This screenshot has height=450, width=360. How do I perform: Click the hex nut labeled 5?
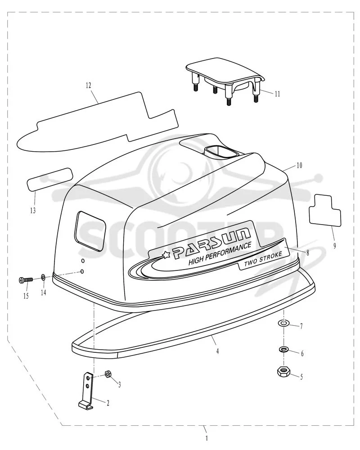283,372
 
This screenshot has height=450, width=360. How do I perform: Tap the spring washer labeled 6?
283,350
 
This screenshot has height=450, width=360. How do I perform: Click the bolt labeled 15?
26,279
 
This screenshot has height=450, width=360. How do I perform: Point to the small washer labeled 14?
43,277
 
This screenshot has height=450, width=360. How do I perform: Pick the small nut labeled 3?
108,373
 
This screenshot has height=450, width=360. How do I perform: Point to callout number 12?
88,85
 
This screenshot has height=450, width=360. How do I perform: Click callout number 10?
299,165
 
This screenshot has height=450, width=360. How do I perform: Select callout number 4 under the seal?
218,351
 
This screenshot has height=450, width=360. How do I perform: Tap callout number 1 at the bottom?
207,438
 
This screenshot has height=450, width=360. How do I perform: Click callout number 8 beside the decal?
308,253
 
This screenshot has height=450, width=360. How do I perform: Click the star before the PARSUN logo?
166,254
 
